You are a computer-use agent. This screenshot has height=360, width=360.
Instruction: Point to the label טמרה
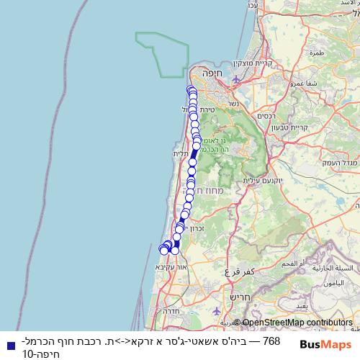pyautogui.click(x=316, y=53)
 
